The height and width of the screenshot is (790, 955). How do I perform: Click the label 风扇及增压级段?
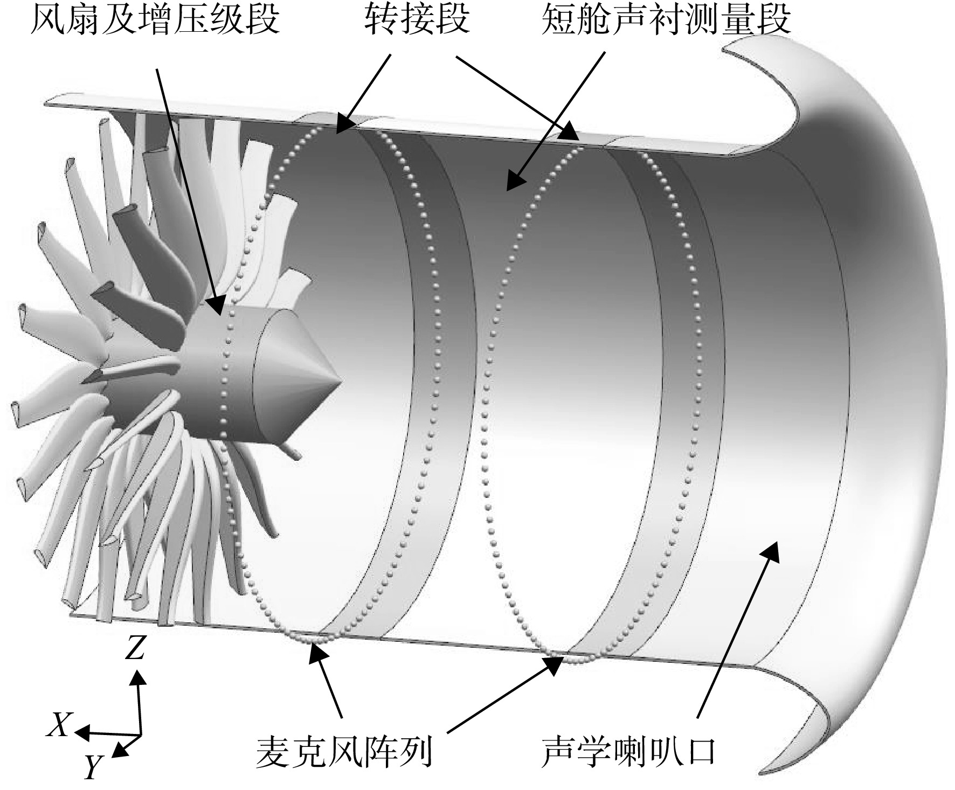coord(156,20)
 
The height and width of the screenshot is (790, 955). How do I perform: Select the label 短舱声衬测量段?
coord(667,20)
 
